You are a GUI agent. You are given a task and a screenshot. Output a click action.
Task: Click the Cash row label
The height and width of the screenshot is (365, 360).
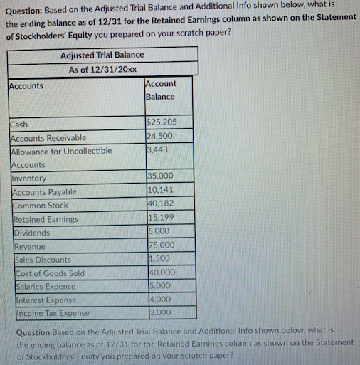coord(20,125)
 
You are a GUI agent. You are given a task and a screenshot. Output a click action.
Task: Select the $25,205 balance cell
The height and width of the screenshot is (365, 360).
coord(160,124)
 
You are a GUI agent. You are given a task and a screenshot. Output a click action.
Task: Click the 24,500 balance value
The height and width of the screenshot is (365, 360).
coord(159,137)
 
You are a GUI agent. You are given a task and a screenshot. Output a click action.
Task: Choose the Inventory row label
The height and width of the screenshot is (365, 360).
coord(29,179)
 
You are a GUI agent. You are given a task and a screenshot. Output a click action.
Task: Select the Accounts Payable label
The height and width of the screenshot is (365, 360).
coord(44,192)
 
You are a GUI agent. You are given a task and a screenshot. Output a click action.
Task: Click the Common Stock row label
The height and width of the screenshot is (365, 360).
coord(41,206)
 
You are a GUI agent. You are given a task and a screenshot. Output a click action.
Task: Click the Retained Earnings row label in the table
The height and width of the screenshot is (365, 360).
coord(46,219)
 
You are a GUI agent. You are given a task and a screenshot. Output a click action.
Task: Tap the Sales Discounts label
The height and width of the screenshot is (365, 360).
coord(43,260)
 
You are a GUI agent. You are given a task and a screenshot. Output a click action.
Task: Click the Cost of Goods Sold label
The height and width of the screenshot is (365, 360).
coord(48,273)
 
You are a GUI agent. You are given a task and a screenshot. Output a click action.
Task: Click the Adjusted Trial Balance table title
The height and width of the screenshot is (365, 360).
coord(102,55)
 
